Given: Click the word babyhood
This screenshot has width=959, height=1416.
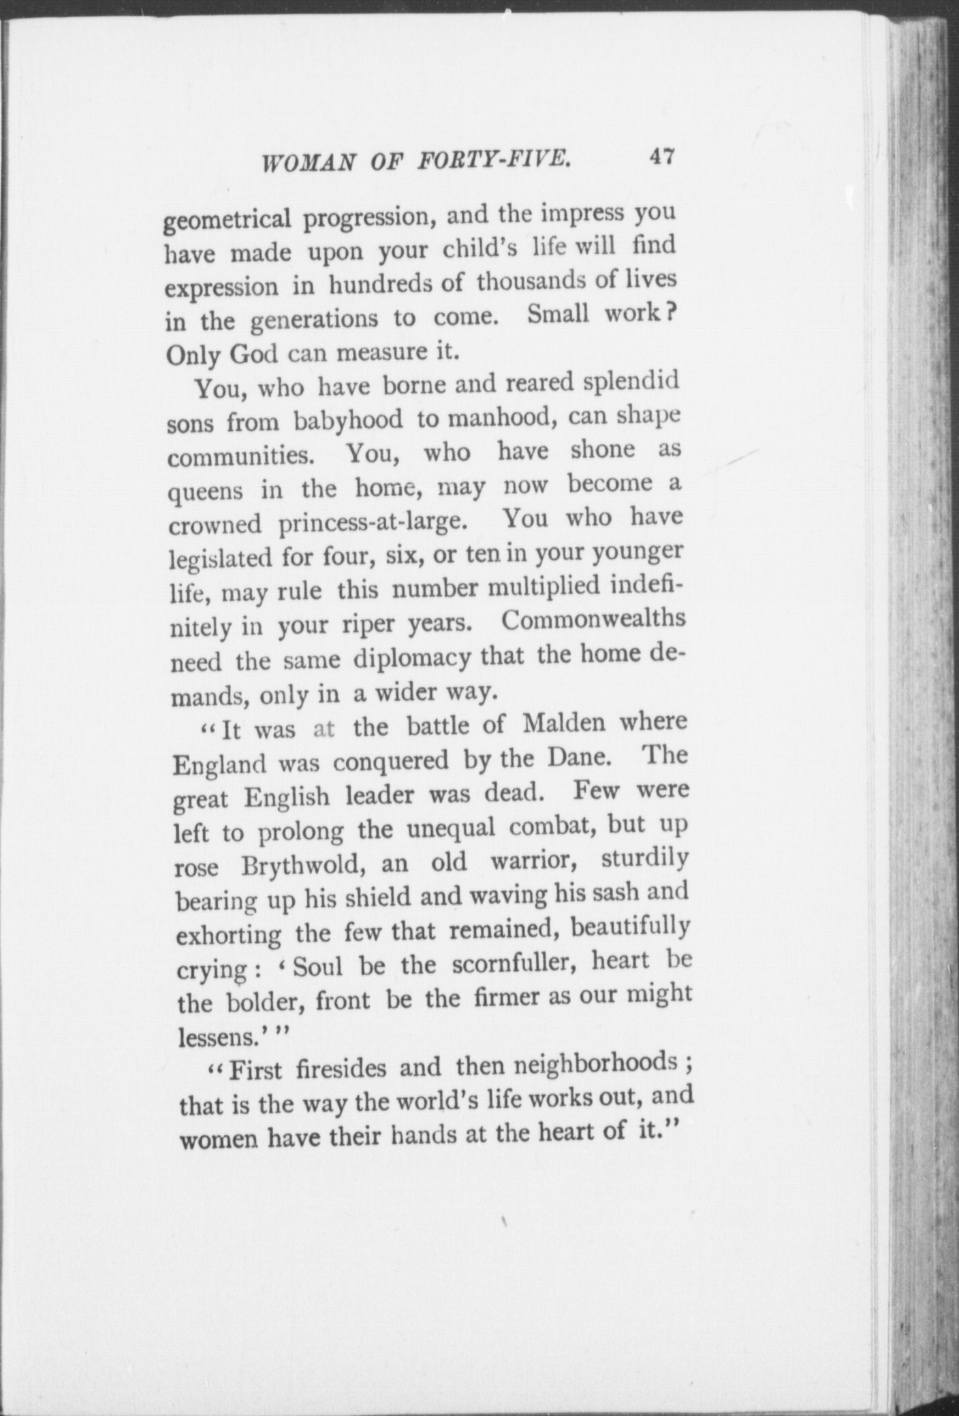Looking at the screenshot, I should pos(348,421).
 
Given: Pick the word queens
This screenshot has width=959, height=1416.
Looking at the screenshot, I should pos(206,491).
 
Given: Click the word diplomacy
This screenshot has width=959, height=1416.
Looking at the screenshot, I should pos(411,659).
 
